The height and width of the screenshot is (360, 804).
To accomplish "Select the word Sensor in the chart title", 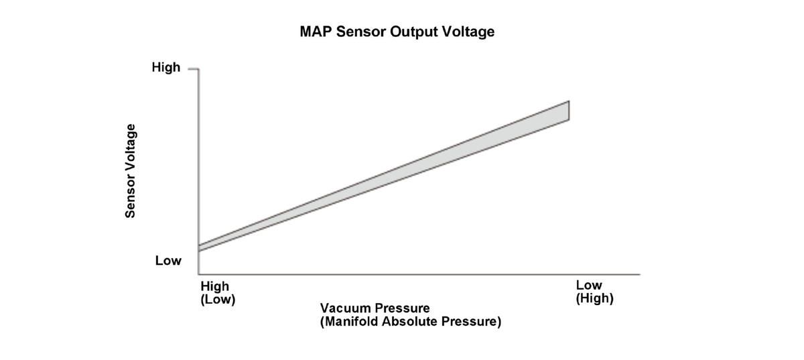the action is pyautogui.click(x=361, y=32).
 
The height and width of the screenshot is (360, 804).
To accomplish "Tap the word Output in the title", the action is pyautogui.click(x=414, y=32).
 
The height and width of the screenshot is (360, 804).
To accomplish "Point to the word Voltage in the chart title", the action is pyautogui.click(x=468, y=32).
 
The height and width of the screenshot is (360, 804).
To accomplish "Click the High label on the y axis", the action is pyautogui.click(x=166, y=67).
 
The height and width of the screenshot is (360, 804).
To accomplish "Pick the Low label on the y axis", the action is pyautogui.click(x=168, y=261).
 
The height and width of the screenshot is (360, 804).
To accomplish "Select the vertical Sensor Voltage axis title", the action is pyautogui.click(x=130, y=171).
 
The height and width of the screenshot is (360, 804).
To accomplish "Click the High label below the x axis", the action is pyautogui.click(x=214, y=286).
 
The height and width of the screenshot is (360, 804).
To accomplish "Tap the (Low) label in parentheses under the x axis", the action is pyautogui.click(x=218, y=299).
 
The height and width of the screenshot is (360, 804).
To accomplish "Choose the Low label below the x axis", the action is pyautogui.click(x=589, y=285).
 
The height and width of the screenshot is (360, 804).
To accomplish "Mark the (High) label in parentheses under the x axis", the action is pyautogui.click(x=594, y=298).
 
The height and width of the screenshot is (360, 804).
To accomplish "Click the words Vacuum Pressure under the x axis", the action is pyautogui.click(x=375, y=308).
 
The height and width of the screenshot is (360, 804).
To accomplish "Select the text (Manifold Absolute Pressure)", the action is pyautogui.click(x=410, y=321).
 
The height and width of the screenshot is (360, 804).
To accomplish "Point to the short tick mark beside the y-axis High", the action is pyautogui.click(x=193, y=68).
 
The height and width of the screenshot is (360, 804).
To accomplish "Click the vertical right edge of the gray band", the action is pyautogui.click(x=569, y=111).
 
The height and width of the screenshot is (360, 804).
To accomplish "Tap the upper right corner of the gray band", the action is pyautogui.click(x=569, y=101).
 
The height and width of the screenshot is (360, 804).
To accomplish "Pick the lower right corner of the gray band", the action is pyautogui.click(x=569, y=120).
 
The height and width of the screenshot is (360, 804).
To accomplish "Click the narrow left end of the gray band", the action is pyautogui.click(x=199, y=248).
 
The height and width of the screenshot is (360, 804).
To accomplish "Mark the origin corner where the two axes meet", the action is pyautogui.click(x=198, y=274).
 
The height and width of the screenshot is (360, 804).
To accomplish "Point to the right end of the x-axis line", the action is pyautogui.click(x=640, y=274).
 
